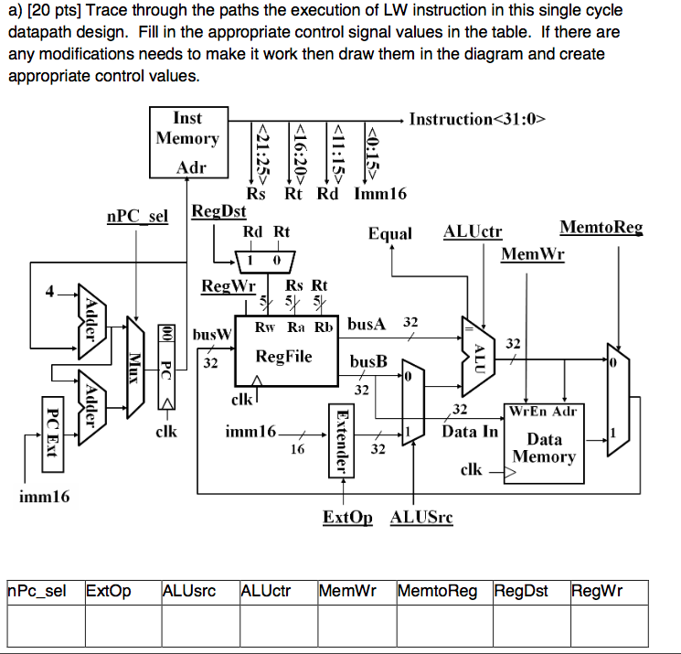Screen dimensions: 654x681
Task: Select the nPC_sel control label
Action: click(138, 218)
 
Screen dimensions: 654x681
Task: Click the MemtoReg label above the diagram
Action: click(601, 228)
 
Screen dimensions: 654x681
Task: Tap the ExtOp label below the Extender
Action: click(348, 518)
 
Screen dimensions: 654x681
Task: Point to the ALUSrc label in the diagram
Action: click(421, 518)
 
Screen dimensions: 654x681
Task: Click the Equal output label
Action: click(390, 233)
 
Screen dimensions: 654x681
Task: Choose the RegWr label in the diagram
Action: click(228, 286)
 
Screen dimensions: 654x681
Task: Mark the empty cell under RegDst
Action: click(528, 625)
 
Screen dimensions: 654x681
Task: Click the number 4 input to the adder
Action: click(52, 293)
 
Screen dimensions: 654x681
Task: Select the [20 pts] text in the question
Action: click(56, 11)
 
